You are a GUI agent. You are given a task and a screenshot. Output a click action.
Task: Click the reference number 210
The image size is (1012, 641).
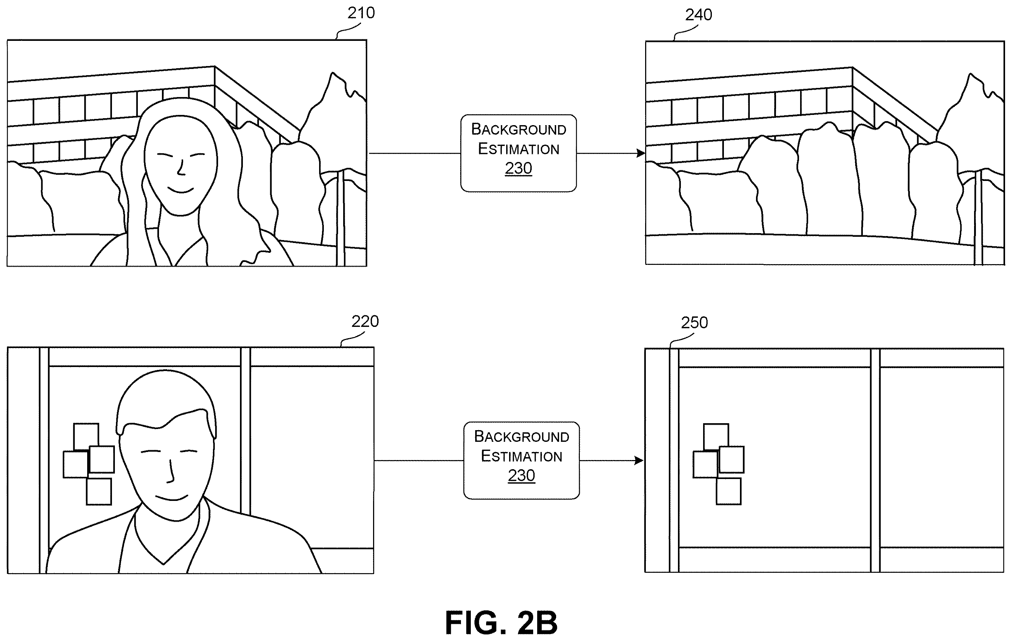pos(361,13)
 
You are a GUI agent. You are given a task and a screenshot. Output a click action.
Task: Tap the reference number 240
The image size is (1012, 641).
pos(698,15)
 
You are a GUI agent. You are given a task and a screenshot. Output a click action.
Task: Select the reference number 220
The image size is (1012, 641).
pos(365,321)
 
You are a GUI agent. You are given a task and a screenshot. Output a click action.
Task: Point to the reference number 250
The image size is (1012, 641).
pos(694,323)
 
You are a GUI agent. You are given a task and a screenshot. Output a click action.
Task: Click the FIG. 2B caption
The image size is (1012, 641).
pos(501,622)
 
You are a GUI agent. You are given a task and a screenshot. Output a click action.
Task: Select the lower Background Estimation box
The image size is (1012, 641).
pos(521,461)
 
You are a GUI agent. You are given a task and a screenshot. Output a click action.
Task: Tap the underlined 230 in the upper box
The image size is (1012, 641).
pos(518,169)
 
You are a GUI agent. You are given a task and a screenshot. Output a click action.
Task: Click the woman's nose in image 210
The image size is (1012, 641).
pos(181,168)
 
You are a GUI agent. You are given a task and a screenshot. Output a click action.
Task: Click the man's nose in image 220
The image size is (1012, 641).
pos(171,471)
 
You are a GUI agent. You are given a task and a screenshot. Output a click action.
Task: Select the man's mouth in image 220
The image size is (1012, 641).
pos(171,498)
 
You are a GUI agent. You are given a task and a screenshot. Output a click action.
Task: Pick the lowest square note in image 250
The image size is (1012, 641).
pos(728,491)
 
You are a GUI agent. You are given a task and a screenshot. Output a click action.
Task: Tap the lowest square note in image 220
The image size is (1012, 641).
pos(99,491)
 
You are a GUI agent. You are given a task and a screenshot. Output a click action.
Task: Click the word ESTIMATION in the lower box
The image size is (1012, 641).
pos(521,456)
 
